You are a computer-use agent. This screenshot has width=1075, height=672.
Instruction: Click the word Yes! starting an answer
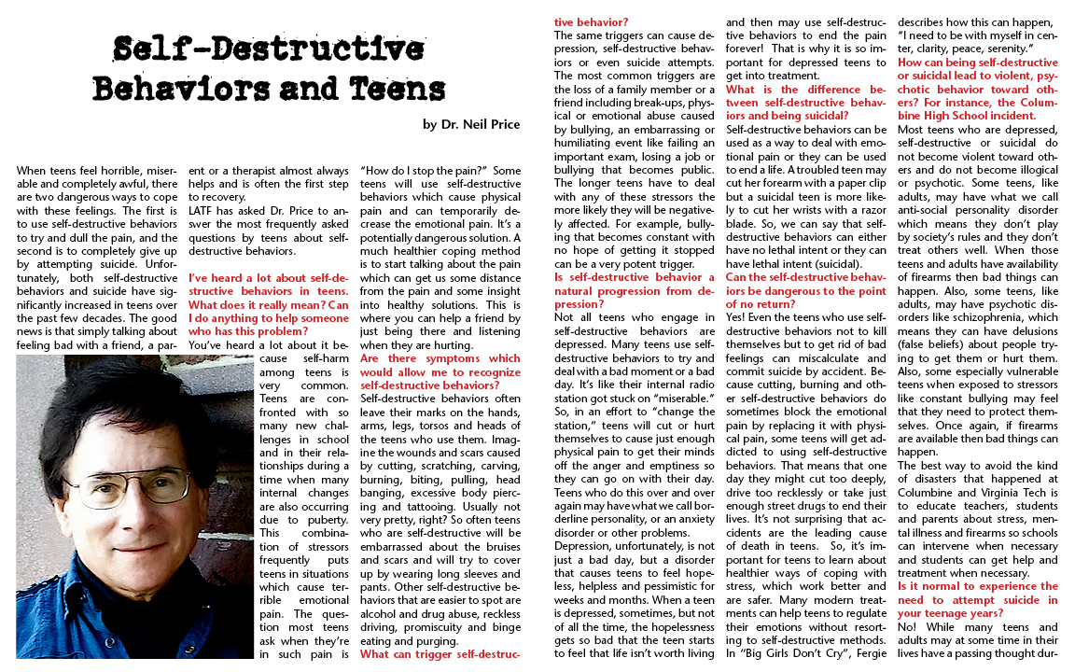coord(737,316)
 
